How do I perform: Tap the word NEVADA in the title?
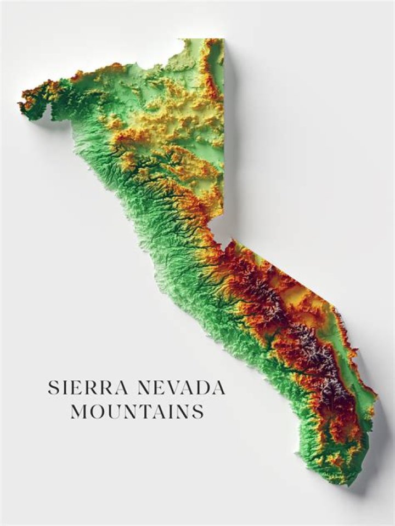pos(181,388)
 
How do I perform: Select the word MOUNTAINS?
pos(137,411)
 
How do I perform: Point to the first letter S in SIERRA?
pos(53,388)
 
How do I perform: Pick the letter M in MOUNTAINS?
pos(78,411)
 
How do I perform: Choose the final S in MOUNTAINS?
pos(199,411)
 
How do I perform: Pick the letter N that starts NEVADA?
pos(144,388)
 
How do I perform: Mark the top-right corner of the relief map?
pos(223,39)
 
